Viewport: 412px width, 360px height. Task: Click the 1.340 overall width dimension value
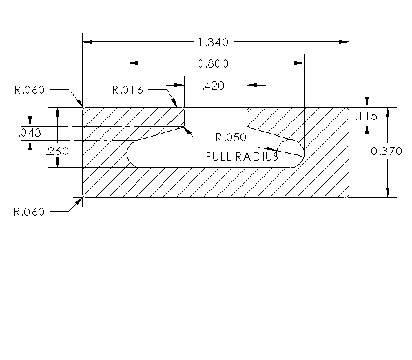[215, 42]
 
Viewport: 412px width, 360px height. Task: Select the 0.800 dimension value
[214, 63]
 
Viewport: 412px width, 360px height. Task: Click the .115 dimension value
[365, 117]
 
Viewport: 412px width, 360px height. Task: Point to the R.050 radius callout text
[230, 137]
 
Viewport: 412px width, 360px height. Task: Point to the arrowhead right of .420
[253, 85]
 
